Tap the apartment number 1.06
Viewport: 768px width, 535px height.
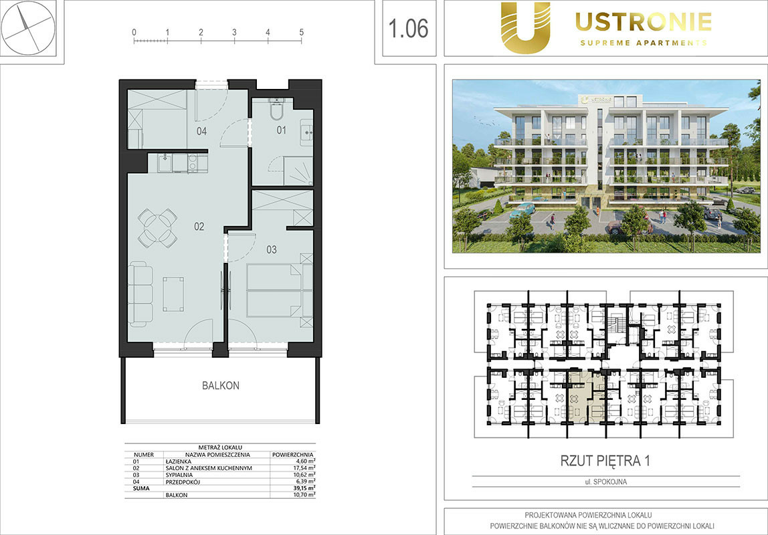pyautogui.click(x=408, y=28)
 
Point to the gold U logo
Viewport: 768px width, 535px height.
pyautogui.click(x=526, y=27)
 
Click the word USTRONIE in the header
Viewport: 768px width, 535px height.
pyautogui.click(x=644, y=22)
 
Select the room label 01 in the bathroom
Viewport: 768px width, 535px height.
pyautogui.click(x=281, y=130)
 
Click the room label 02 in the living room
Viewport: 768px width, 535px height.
pyautogui.click(x=199, y=226)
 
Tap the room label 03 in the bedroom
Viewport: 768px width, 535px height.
pyautogui.click(x=272, y=249)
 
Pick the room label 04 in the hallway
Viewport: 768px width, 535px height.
pyautogui.click(x=201, y=131)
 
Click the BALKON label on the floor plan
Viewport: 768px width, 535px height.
pyautogui.click(x=221, y=386)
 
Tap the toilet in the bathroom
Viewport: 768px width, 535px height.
pyautogui.click(x=277, y=110)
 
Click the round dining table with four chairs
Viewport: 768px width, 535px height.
pyautogui.click(x=157, y=227)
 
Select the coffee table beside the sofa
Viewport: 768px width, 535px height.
pyautogui.click(x=173, y=294)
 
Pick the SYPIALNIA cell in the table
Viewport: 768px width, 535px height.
pyautogui.click(x=179, y=475)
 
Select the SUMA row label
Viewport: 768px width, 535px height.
pyautogui.click(x=142, y=488)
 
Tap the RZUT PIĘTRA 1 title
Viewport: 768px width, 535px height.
pyautogui.click(x=605, y=461)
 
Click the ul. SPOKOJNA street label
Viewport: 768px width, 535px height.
pyautogui.click(x=606, y=481)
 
